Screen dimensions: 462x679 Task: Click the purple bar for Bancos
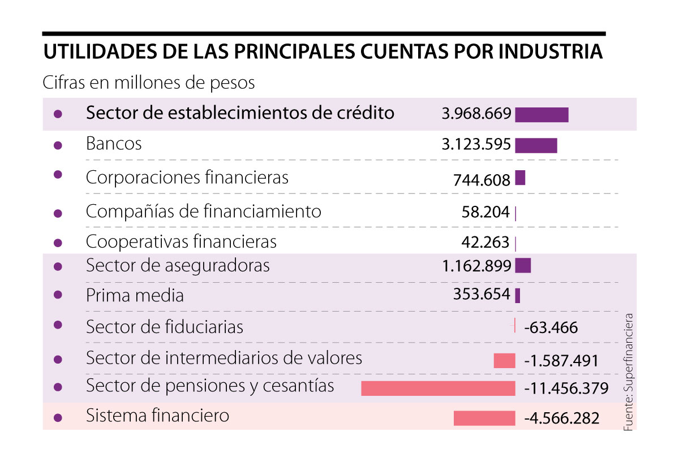536,145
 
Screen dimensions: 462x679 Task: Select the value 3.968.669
476,114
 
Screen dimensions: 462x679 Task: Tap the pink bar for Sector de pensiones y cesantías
438,388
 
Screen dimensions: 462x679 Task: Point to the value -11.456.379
566,389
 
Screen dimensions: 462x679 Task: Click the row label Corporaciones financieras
187,178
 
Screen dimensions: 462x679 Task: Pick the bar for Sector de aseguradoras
523,265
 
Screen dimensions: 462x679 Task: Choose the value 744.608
482,180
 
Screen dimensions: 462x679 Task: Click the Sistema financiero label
157,416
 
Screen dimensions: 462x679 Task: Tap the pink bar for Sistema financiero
484,418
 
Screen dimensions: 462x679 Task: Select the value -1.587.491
561,361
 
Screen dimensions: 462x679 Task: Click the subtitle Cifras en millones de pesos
148,83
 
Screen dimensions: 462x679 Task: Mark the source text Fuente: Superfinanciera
628,373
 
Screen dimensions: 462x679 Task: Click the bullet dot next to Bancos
57,145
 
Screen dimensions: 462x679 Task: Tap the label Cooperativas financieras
181,242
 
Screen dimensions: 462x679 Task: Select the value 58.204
485,213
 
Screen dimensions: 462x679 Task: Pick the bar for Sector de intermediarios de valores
504,361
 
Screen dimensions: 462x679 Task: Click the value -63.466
551,327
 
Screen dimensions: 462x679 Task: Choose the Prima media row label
135,296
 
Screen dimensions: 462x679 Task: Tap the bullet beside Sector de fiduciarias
57,325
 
